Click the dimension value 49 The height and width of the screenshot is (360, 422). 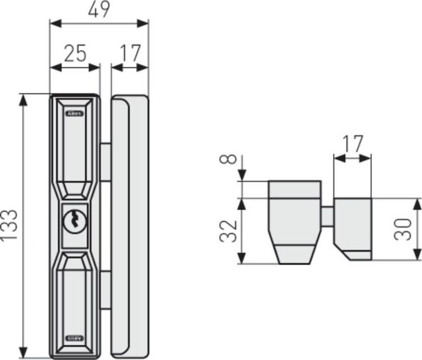point(99,10)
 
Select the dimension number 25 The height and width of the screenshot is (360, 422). point(74,53)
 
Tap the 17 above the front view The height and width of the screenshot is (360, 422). point(130,53)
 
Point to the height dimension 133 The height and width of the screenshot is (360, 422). point(10,225)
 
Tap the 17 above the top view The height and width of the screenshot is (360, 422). point(352,144)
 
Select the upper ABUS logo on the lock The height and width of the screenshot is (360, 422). point(74,113)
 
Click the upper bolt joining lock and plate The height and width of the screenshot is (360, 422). point(106,162)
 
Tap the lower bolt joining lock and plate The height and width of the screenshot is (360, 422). point(106,289)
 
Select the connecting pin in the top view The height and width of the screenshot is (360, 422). point(327,216)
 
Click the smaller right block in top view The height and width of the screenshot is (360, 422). point(352,227)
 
